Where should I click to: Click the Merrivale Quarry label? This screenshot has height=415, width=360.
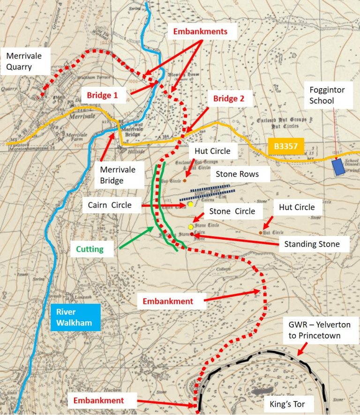coord(24,61)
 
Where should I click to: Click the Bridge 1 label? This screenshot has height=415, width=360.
coord(102,95)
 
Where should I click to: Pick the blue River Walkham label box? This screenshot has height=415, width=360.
coord(73,317)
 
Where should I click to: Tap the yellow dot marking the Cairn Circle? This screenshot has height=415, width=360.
coord(191,204)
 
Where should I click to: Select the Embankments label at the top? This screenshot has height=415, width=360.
coord(200,32)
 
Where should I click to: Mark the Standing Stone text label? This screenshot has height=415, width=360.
coord(312,244)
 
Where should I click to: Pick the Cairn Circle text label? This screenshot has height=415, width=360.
coord(110,205)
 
